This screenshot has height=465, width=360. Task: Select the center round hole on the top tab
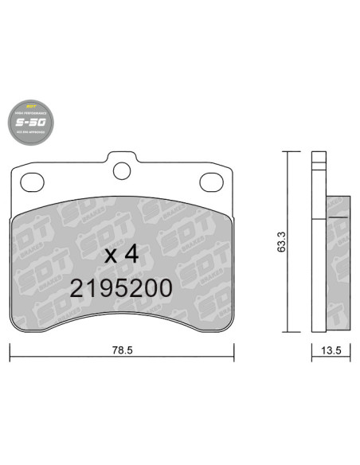tap(121, 170)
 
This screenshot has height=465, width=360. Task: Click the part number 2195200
tap(121, 288)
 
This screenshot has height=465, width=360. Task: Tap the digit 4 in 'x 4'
tap(131, 255)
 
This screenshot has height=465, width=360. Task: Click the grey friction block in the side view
tap(338, 263)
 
